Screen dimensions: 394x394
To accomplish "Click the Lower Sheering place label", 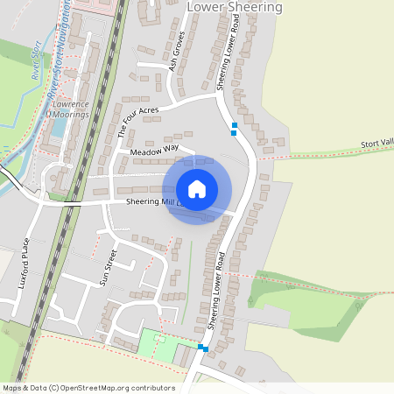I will (236, 7).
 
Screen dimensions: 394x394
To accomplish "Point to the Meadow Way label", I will (154, 151).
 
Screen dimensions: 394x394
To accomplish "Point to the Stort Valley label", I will (376, 144).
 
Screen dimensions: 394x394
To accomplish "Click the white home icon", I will (197, 189).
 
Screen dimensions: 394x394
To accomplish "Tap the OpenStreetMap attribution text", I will (88, 388).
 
